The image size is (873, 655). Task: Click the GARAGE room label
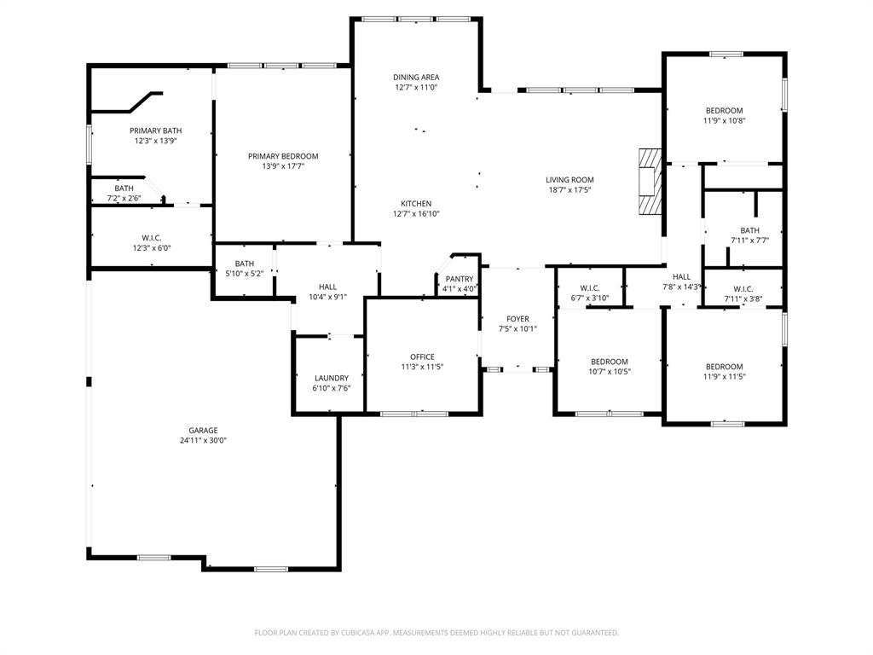pos(203,431)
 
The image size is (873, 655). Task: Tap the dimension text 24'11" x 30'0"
pos(203,441)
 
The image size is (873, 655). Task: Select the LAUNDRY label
pos(331,378)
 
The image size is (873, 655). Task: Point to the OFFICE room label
pos(422,356)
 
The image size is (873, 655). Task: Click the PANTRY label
pos(460,279)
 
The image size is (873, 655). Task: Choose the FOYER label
pos(517,319)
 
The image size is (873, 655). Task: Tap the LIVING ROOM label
pos(569,180)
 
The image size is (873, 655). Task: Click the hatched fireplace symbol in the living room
pos(650,182)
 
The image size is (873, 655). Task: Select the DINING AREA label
pos(416,77)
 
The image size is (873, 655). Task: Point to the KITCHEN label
pos(416,204)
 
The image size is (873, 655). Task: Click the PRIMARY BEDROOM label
pos(283,156)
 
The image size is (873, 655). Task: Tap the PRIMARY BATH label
pos(155,130)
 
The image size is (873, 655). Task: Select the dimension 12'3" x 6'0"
pos(152,248)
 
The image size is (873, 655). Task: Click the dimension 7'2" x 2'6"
pos(124,199)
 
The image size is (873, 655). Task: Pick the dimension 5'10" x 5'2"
pos(245,274)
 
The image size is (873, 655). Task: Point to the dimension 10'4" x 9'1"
pos(328,297)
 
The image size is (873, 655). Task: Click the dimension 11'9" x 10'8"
pos(724,121)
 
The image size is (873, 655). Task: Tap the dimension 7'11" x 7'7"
pos(749,241)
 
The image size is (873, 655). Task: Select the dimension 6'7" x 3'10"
pos(589,298)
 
